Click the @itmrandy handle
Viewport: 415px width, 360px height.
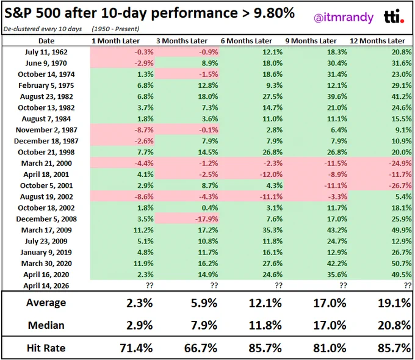point(344,18)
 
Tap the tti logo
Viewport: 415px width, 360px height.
point(394,16)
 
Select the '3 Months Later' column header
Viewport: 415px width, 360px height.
point(182,41)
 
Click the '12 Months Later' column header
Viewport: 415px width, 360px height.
point(377,41)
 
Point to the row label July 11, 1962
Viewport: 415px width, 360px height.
point(46,52)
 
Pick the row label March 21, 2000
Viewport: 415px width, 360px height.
point(46,164)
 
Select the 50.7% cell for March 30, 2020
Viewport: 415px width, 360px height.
point(402,264)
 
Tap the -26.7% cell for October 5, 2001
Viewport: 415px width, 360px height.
point(400,185)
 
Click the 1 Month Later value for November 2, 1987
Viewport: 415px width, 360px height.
point(144,130)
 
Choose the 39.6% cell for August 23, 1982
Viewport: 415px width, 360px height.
point(337,96)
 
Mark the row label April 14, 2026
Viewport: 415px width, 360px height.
point(46,286)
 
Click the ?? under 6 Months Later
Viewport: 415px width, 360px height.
point(279,286)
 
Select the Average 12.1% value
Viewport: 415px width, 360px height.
point(265,303)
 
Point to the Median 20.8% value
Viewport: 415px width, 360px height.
point(394,325)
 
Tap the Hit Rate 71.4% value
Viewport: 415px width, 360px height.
point(136,348)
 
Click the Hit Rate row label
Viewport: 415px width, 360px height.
point(46,348)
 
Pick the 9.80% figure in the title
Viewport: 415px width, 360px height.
point(274,13)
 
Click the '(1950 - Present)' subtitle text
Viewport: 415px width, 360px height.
point(115,29)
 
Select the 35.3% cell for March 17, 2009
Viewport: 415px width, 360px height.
point(272,230)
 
